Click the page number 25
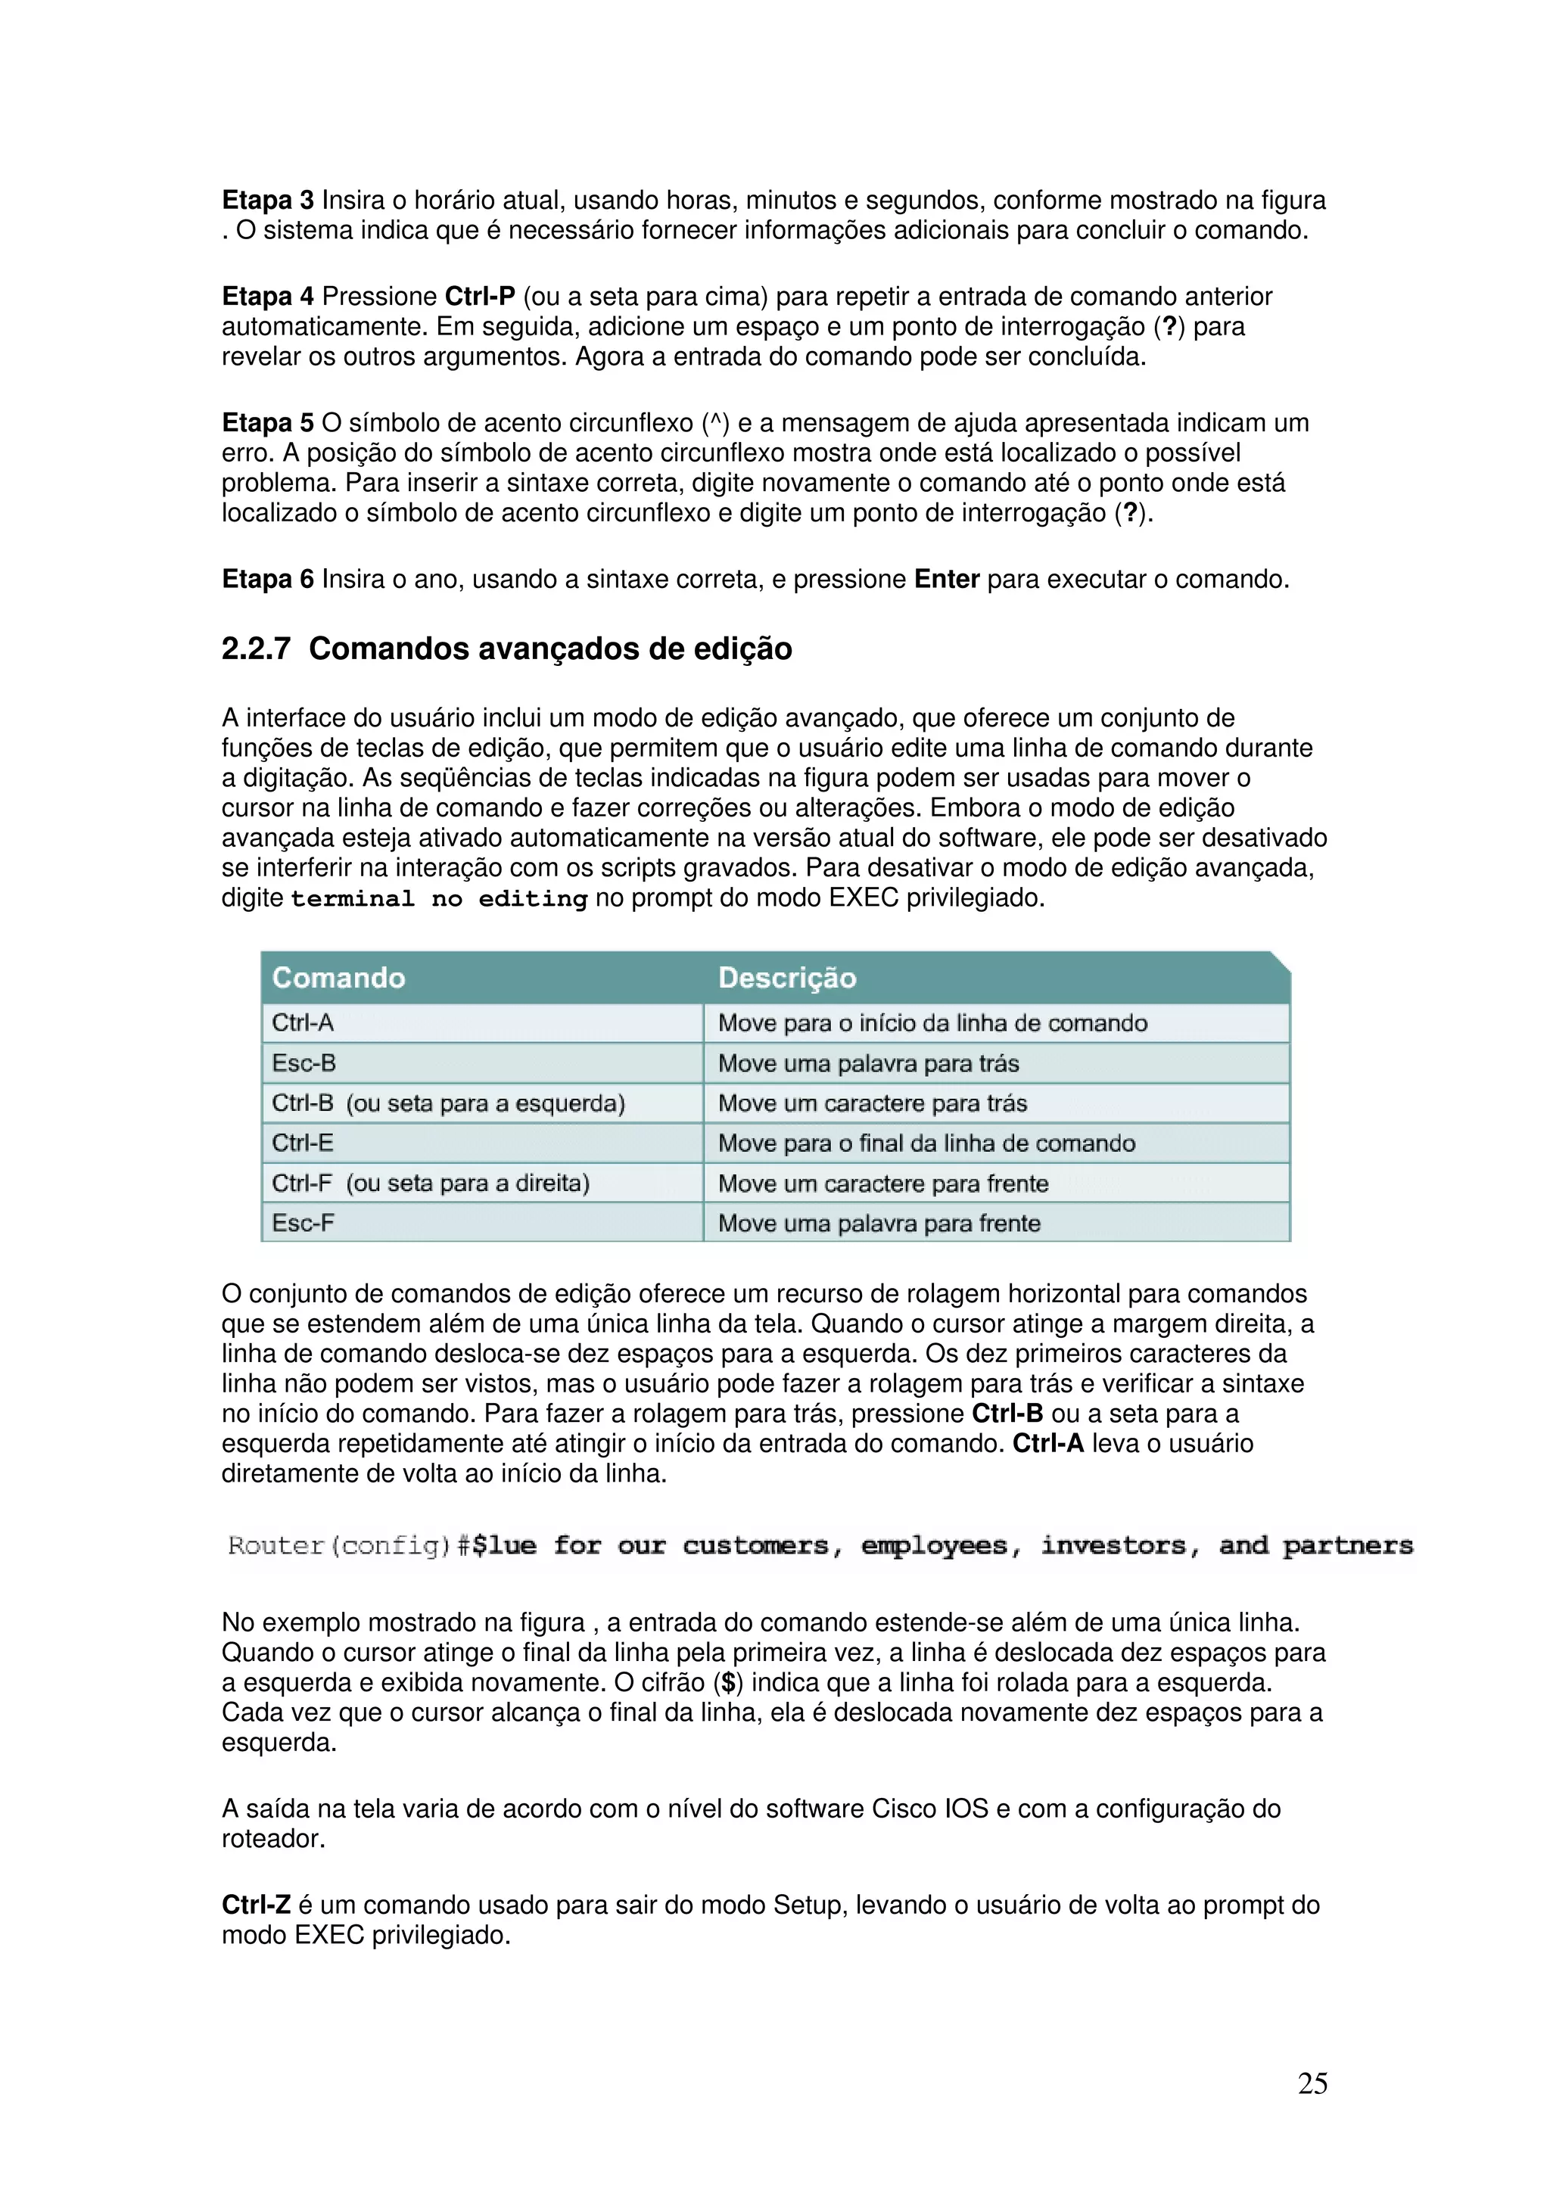click(x=1312, y=2083)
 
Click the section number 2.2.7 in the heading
click(x=256, y=649)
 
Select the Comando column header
click(x=339, y=977)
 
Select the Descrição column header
click(x=787, y=977)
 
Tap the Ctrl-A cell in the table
click(x=303, y=1023)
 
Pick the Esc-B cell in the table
click(x=303, y=1063)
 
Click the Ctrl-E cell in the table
click(x=303, y=1143)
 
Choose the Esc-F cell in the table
click(x=303, y=1223)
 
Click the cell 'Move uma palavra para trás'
click(x=868, y=1063)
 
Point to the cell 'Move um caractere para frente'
click(x=882, y=1184)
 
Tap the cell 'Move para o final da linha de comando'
click(x=926, y=1143)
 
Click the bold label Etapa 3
click(x=267, y=201)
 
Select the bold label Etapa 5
click(x=267, y=423)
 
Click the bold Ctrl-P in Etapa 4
click(x=479, y=297)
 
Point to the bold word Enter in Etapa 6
click(x=947, y=580)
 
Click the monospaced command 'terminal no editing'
click(x=438, y=899)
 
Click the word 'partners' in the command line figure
click(x=1346, y=1545)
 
